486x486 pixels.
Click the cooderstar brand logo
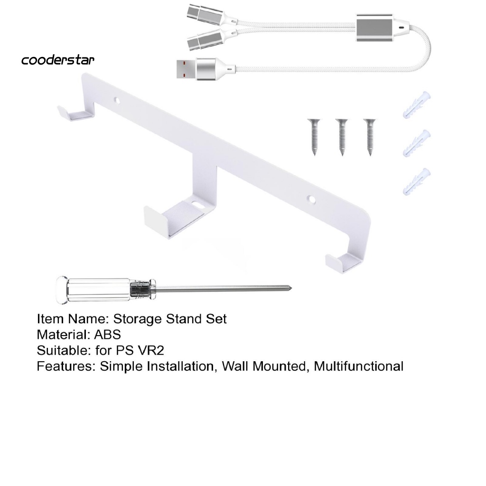58,60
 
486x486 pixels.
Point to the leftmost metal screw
314,137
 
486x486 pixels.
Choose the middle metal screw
341,137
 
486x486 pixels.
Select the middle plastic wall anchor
417,142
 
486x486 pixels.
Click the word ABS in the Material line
107,335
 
